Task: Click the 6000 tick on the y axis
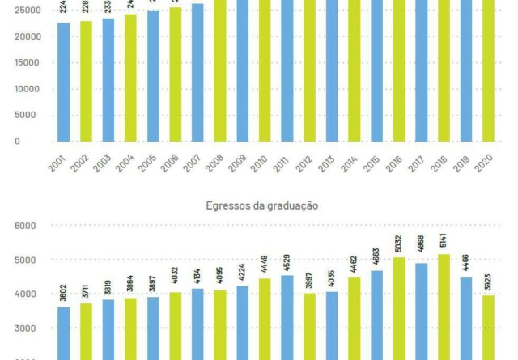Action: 26,227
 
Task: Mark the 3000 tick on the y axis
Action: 26,328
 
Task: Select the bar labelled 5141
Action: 444,307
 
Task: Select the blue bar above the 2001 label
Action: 63,81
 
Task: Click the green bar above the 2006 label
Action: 176,74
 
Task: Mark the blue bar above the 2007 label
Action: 197,72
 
